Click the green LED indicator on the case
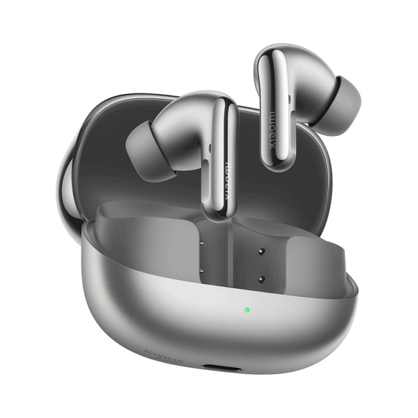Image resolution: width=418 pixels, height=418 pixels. coord(246,309)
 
